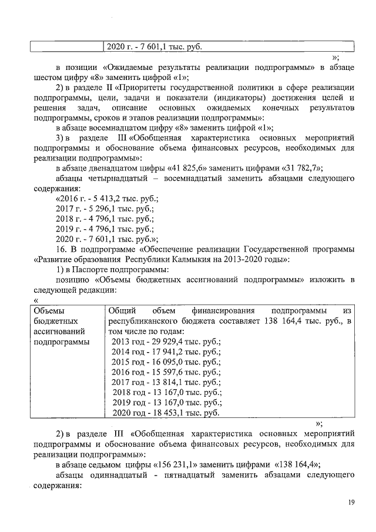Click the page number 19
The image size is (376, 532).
pos(350,502)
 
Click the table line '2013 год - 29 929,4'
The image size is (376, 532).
pos(166,342)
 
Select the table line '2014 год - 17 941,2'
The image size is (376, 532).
pos(166,352)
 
